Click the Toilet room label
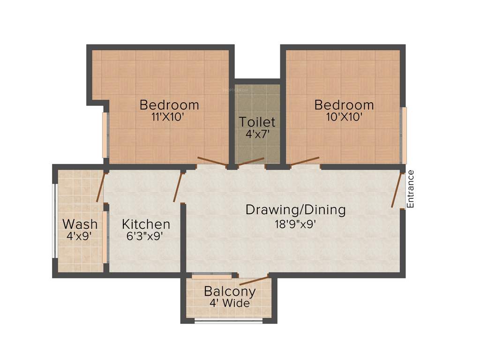(x=257, y=122)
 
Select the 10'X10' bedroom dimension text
(x=344, y=117)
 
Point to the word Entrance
(x=411, y=189)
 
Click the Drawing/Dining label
(x=295, y=210)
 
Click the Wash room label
(x=80, y=224)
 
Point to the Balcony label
(x=230, y=291)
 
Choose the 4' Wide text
(x=230, y=303)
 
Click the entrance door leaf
(x=397, y=190)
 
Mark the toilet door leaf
(x=251, y=162)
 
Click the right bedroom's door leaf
(x=305, y=161)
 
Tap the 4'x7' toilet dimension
(x=257, y=134)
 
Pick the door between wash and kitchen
(x=101, y=187)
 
